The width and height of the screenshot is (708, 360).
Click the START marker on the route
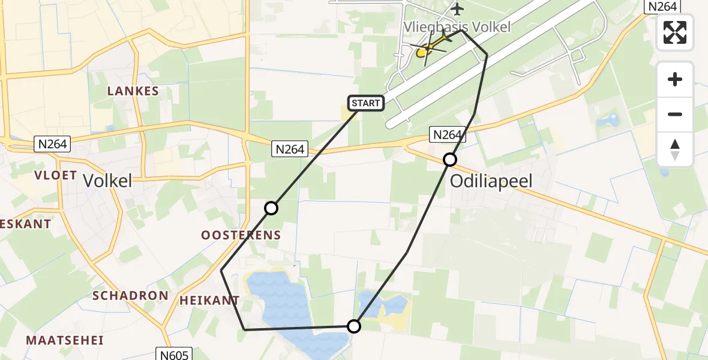click(x=366, y=103)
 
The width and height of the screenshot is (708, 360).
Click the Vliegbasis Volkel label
click(x=457, y=27)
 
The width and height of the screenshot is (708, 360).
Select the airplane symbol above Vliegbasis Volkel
click(x=458, y=9)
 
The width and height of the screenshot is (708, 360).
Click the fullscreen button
click(x=675, y=32)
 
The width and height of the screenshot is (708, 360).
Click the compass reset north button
click(x=675, y=149)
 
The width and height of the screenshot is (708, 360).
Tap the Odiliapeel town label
click(x=491, y=182)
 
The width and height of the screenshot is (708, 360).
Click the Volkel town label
click(x=107, y=181)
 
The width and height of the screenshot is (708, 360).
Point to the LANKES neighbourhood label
click(x=133, y=91)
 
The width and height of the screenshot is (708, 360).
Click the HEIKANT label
click(x=209, y=300)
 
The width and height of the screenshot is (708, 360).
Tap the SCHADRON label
click(x=130, y=295)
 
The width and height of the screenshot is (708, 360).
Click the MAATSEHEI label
click(x=65, y=340)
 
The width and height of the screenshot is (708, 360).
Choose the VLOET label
click(x=56, y=175)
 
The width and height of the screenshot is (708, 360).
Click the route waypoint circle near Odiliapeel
click(x=450, y=160)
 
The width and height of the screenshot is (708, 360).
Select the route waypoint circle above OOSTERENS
click(x=271, y=208)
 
